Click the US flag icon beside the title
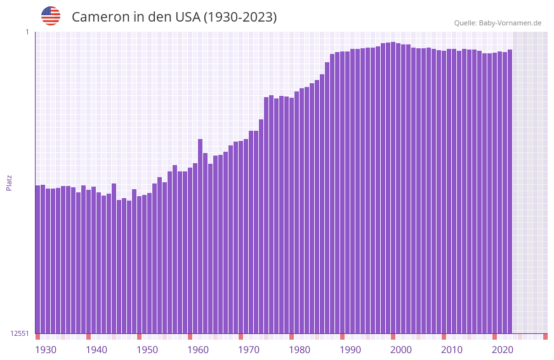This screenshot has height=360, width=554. coord(51,16)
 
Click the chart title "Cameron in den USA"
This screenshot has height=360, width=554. coord(174,17)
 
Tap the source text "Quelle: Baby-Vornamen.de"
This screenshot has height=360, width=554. coord(498,23)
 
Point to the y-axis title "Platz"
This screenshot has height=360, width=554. coord(9,182)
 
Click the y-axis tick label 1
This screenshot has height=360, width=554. coord(27,32)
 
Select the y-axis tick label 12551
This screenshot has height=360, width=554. coord(20,333)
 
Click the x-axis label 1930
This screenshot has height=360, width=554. coord(46,350)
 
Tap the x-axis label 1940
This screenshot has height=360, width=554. coord(96,350)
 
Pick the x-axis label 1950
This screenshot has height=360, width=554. coord(147,350)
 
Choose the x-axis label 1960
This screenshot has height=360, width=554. coord(198,350)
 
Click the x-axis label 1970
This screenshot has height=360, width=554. coord(249,350)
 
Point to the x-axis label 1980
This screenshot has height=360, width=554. coord(300,350)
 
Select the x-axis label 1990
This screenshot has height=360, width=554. coord(350,350)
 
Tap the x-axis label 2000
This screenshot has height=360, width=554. coord(401,350)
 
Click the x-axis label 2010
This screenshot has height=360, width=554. coord(452,350)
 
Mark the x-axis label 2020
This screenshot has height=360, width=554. coord(503,350)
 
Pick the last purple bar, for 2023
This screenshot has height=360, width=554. coord(510,190)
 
